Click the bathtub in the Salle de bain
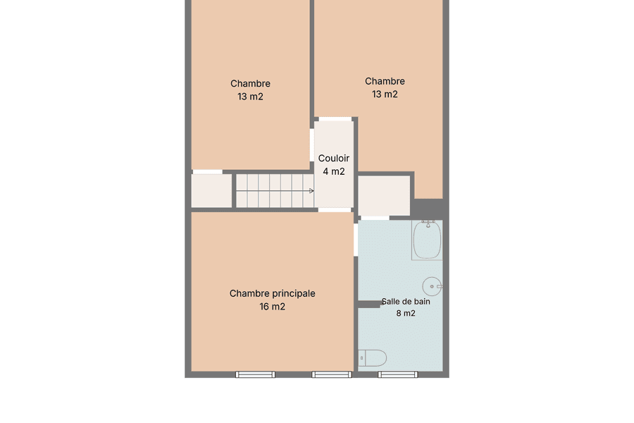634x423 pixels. click(x=427, y=240)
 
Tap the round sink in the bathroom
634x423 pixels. click(x=433, y=286)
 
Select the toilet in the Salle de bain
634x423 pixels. click(x=373, y=358)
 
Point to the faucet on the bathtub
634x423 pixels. click(x=428, y=223)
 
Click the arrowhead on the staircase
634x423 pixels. click(x=311, y=190)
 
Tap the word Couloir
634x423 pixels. click(x=334, y=158)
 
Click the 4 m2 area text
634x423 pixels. click(x=334, y=171)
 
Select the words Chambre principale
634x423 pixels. click(x=272, y=294)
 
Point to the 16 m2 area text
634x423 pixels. click(x=272, y=307)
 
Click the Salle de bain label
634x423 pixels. click(x=406, y=302)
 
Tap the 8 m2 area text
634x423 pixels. click(x=406, y=313)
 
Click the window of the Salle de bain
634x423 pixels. click(x=398, y=375)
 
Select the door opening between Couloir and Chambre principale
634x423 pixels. click(x=335, y=209)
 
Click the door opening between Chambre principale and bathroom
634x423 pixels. click(x=356, y=240)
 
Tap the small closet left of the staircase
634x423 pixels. click(x=211, y=190)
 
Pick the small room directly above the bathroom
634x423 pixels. click(x=384, y=195)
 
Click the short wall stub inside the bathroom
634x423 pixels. click(x=369, y=304)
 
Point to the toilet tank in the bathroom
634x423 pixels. click(x=362, y=358)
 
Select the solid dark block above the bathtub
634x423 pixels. click(x=430, y=209)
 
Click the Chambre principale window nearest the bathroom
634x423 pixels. click(x=332, y=375)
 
